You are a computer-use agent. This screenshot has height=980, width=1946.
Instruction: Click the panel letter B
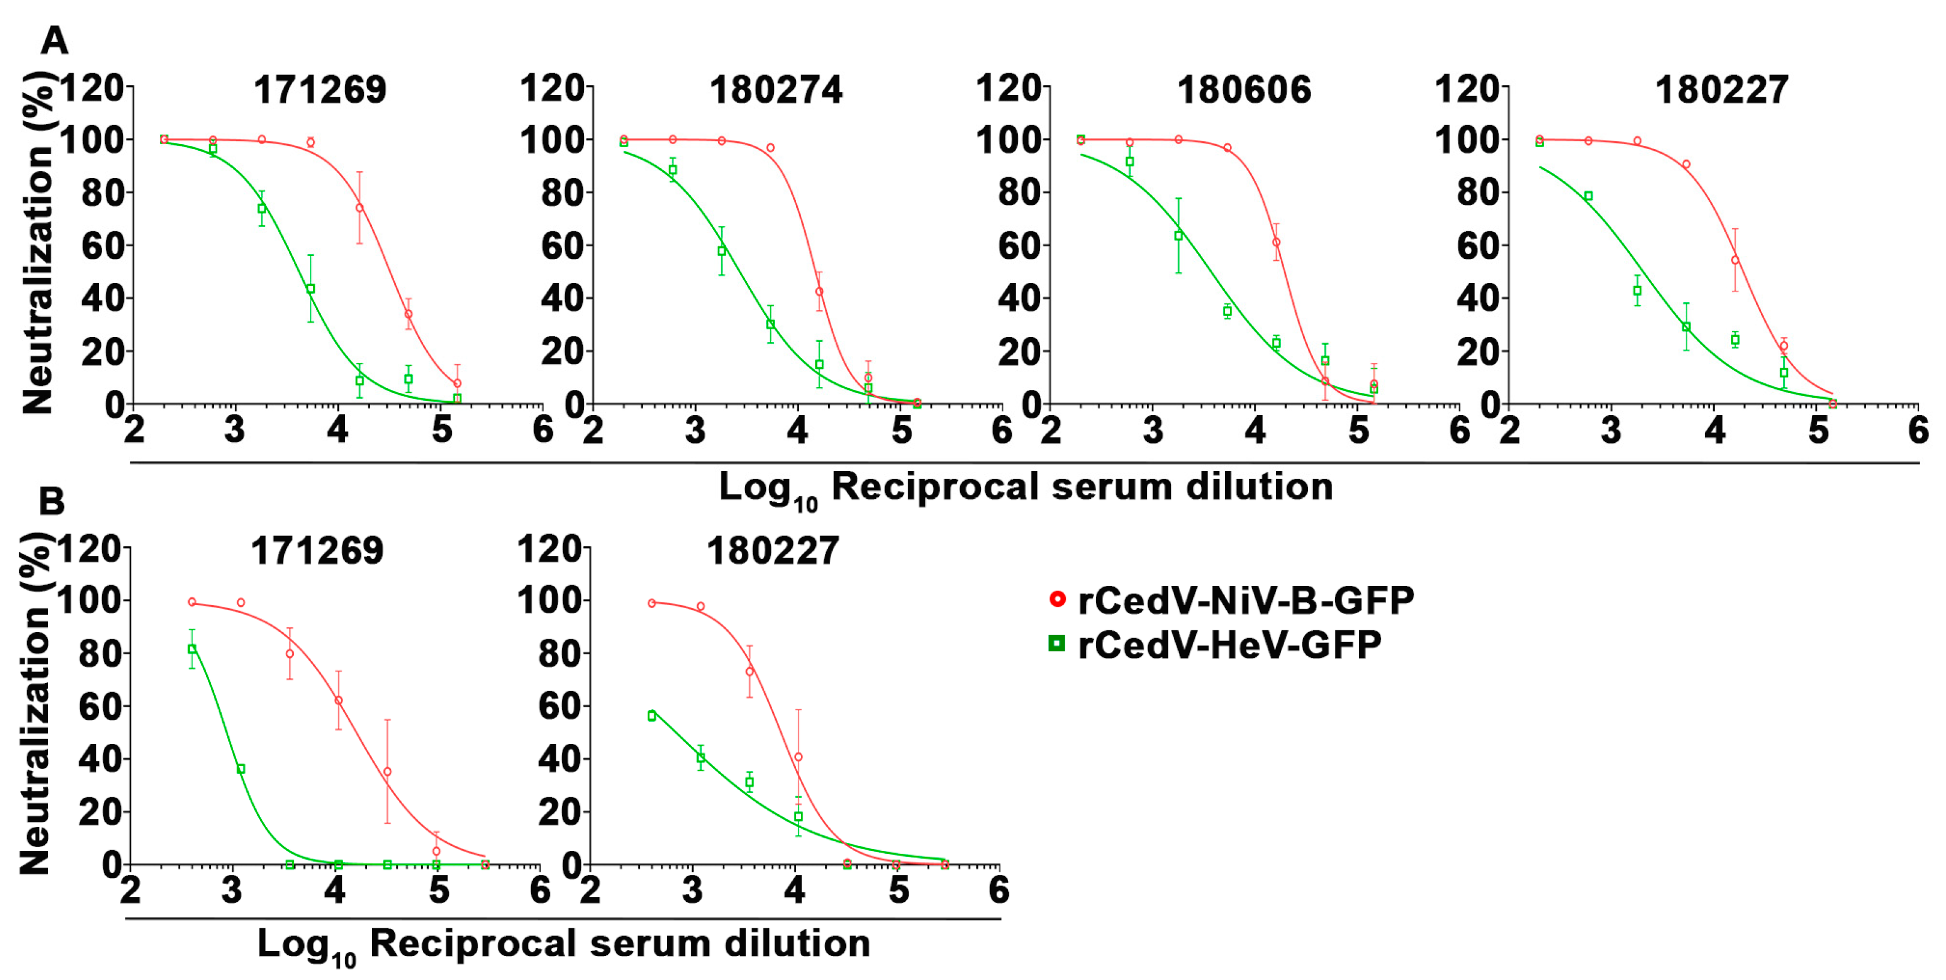click(x=52, y=501)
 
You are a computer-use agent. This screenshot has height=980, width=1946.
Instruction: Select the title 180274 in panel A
click(x=775, y=90)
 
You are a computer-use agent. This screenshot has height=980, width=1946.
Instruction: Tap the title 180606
click(x=1244, y=90)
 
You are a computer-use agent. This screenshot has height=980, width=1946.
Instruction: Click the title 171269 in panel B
click(x=317, y=551)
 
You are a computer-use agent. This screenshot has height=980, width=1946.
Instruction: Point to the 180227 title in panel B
click(x=772, y=551)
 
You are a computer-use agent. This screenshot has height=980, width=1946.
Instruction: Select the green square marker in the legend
click(x=1057, y=644)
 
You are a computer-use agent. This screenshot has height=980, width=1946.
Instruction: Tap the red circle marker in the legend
click(x=1057, y=599)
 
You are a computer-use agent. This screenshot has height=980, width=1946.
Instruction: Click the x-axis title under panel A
click(x=1025, y=487)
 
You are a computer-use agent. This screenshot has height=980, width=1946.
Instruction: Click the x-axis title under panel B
click(x=563, y=945)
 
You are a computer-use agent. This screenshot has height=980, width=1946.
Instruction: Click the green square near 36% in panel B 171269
click(x=241, y=769)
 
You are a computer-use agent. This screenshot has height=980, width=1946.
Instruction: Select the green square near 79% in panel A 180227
click(x=1588, y=196)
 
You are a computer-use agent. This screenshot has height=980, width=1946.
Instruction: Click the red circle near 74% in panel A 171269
click(x=360, y=208)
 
